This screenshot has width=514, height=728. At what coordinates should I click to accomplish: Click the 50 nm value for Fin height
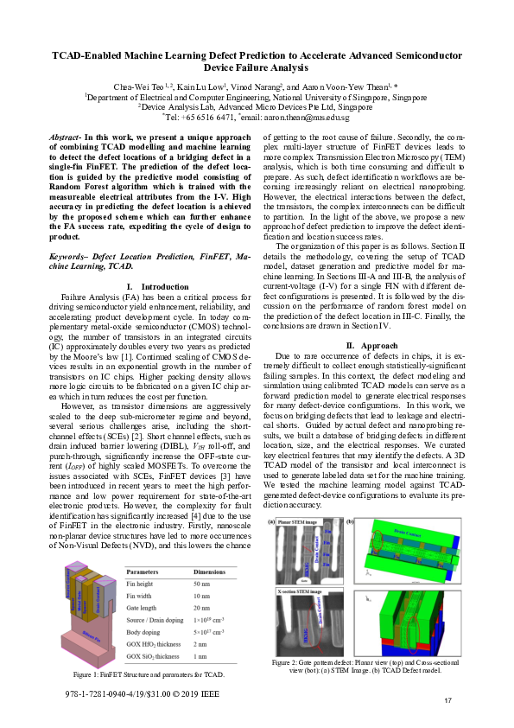pos(203,584)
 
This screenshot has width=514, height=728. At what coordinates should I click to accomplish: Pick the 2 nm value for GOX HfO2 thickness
pos(201,645)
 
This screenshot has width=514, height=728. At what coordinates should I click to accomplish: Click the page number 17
pos(448,699)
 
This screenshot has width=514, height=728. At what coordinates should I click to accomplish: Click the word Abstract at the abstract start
pos(64,137)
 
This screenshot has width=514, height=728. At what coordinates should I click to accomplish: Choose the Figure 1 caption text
pos(149,673)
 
